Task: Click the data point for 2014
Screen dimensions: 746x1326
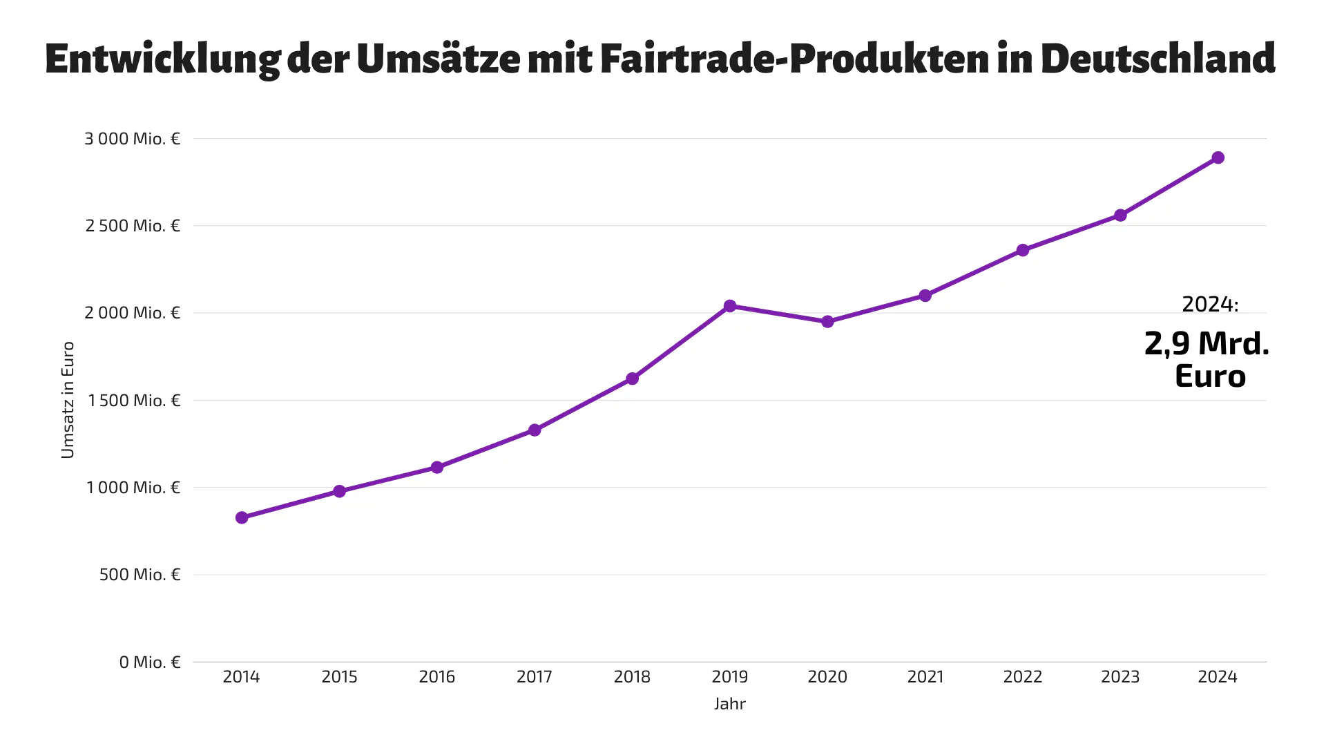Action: point(242,517)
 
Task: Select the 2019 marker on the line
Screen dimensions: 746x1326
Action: point(730,306)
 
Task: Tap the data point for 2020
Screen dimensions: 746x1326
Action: point(827,322)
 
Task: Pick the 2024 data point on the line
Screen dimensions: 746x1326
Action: point(1218,158)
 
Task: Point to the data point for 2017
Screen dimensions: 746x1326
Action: point(535,430)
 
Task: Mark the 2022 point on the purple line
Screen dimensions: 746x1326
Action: point(1023,250)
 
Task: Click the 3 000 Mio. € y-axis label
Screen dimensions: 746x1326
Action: point(132,139)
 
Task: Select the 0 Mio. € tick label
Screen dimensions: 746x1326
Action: point(149,662)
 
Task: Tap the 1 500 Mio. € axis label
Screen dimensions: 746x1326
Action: point(133,401)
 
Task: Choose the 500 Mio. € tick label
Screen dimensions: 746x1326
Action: point(140,575)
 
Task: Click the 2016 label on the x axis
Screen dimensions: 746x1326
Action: point(436,677)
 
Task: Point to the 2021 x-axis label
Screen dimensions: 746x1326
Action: point(925,677)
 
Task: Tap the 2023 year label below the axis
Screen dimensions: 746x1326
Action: point(1120,677)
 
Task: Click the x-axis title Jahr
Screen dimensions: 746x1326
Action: point(730,704)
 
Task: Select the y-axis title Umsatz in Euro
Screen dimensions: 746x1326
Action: point(68,400)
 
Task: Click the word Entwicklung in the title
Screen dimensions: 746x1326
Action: point(162,59)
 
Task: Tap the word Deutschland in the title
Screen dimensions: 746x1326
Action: point(1157,59)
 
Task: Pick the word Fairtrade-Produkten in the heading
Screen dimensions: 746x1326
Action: point(794,59)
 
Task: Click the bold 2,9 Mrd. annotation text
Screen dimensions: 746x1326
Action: point(1207,344)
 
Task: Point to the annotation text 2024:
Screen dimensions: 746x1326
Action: point(1210,305)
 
